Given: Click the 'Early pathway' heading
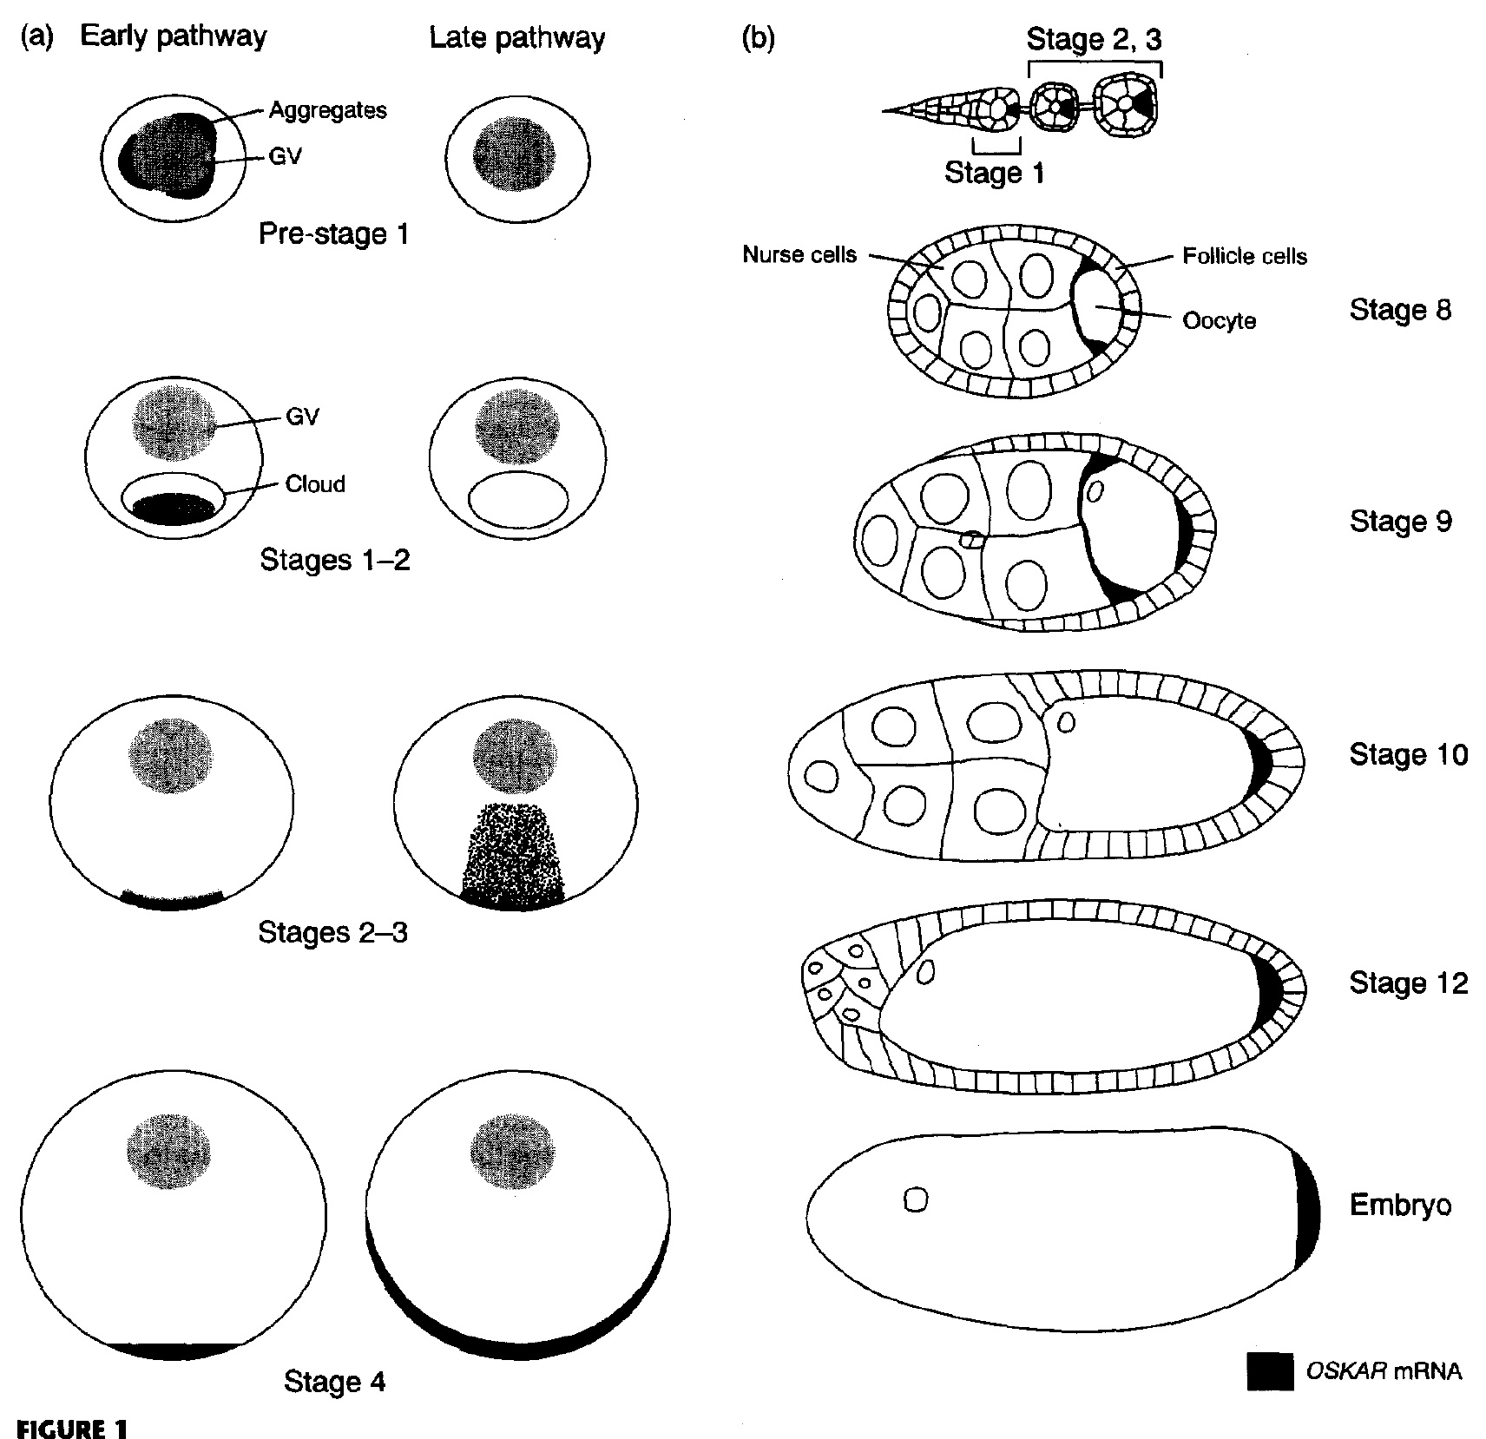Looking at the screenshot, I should click(173, 36).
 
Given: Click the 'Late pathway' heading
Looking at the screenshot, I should click(517, 38).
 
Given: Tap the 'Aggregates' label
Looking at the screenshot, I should click(327, 110).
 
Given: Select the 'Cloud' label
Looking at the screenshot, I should click(315, 483).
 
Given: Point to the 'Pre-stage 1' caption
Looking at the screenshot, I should click(333, 234).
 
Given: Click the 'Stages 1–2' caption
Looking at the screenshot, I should click(334, 560).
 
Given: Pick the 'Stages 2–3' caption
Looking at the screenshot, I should click(332, 933).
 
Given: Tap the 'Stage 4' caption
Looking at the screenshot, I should click(334, 1382).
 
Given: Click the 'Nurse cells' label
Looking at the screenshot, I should click(799, 254).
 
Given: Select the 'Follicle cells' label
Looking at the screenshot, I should click(1245, 256).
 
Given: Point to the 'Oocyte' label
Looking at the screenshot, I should click(1219, 321).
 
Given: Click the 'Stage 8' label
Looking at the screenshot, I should click(1400, 310).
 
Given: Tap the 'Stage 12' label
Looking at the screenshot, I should click(1408, 982).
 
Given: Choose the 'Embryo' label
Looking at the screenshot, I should click(1400, 1205).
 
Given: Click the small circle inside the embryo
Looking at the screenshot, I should click(916, 1200).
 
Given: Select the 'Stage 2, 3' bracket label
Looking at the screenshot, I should click(1093, 39).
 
